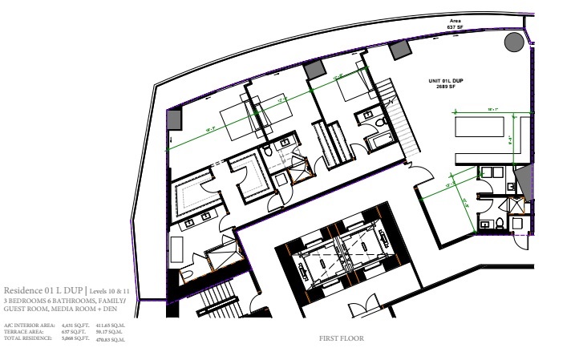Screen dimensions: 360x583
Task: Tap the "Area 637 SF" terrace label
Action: click(x=455, y=24)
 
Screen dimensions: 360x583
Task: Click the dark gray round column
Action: click(x=512, y=42)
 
